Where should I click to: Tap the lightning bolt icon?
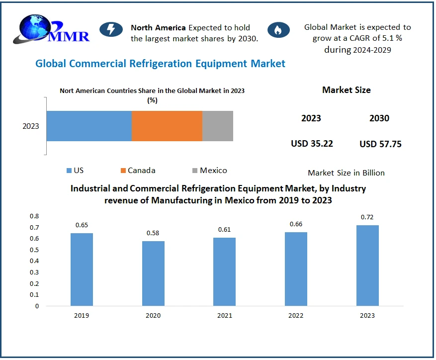[111, 30]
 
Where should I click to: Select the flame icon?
[278, 30]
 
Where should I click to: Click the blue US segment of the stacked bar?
[89, 126]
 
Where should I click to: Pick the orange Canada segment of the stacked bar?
[167, 126]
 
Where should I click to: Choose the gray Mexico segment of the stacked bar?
[218, 126]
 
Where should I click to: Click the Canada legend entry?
[138, 171]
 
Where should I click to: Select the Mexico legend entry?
[209, 171]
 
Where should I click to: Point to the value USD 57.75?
[380, 144]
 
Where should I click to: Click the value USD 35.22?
[312, 144]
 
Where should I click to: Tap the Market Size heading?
[346, 90]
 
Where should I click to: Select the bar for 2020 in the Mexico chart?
[153, 273]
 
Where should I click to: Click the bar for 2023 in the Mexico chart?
[367, 266]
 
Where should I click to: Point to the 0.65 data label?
[82, 225]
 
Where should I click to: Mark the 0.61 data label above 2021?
[225, 230]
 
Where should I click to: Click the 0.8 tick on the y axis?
[34, 216]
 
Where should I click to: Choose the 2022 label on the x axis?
[296, 315]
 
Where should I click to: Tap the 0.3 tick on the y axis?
[34, 272]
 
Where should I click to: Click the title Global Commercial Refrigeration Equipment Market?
[160, 64]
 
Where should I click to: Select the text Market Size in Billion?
[346, 173]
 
